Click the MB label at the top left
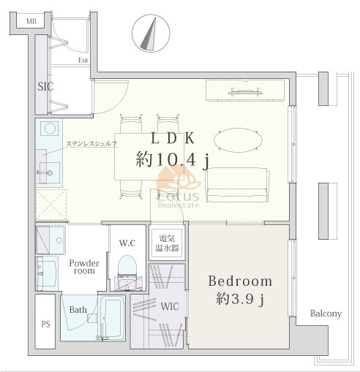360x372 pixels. point(31,21)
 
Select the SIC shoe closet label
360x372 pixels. point(45,86)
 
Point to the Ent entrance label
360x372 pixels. point(83,60)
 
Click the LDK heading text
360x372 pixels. point(173,139)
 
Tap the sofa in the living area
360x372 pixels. point(238,185)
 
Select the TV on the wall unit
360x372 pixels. point(245,92)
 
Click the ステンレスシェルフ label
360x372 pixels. point(91,144)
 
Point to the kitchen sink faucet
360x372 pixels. point(45,172)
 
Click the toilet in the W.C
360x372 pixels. point(127,273)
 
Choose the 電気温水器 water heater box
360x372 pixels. point(167,243)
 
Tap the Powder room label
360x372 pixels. point(84,267)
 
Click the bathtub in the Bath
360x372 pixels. point(112,318)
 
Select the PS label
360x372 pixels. point(46,324)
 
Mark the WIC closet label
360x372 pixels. point(170,306)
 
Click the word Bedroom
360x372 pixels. point(240,281)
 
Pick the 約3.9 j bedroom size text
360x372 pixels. point(240,299)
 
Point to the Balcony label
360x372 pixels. point(326,314)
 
